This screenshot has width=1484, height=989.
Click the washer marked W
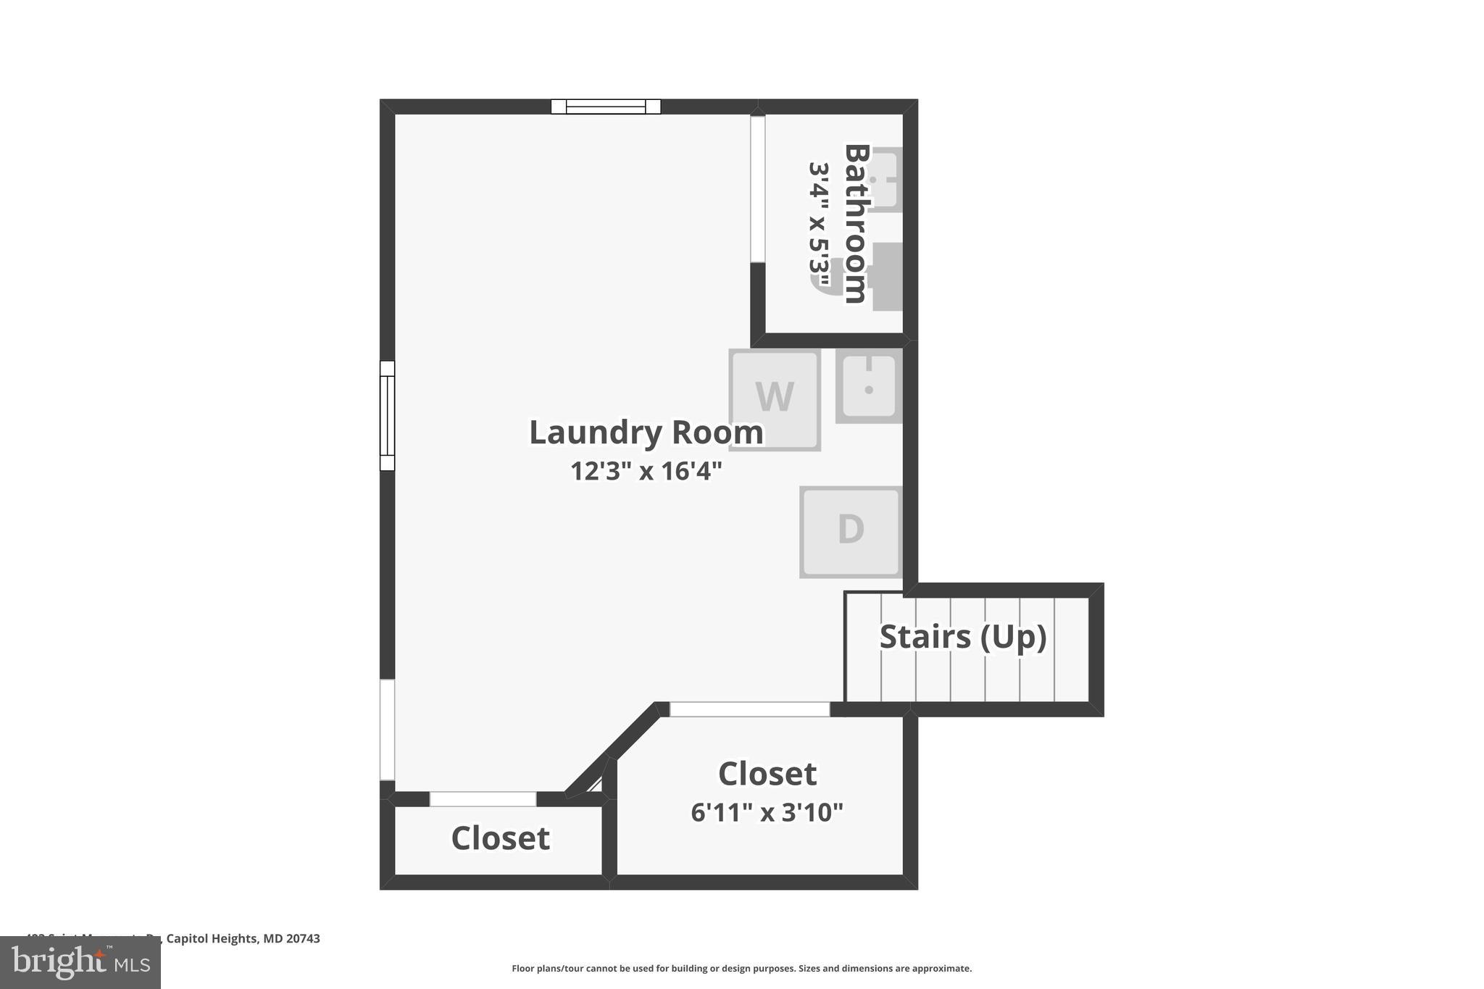click(774, 399)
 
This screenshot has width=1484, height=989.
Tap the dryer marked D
click(850, 531)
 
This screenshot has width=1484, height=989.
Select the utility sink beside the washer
click(869, 385)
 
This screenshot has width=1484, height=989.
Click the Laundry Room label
click(646, 433)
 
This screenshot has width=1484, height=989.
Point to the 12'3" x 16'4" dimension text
click(646, 472)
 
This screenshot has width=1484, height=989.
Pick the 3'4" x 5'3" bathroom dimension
click(819, 225)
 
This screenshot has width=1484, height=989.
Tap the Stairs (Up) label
click(962, 637)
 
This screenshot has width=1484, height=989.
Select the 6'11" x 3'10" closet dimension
click(767, 813)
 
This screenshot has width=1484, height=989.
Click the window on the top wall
click(606, 107)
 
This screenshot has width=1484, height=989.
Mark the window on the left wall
click(388, 416)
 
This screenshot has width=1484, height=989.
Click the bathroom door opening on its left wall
click(757, 188)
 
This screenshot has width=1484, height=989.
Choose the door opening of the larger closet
click(749, 709)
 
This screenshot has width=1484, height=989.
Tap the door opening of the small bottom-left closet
click(483, 799)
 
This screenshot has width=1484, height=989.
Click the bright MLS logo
click(80, 962)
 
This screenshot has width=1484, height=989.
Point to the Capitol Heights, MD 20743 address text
click(243, 939)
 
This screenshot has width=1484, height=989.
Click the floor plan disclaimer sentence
click(741, 969)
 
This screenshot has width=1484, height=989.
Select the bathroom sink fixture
click(886, 180)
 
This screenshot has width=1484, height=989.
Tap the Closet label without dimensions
click(500, 838)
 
